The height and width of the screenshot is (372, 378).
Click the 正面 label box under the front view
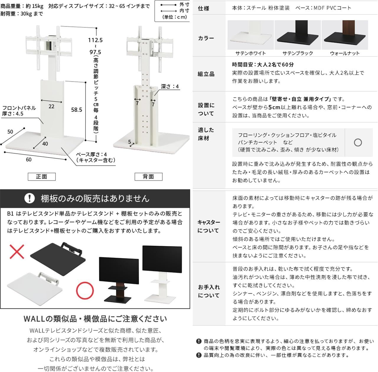click(42, 177)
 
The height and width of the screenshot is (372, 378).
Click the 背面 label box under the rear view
click(148, 177)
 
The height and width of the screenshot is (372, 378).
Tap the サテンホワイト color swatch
click(250, 35)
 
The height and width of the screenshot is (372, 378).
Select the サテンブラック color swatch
click(297, 35)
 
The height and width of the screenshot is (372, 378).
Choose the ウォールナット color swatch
click(345, 35)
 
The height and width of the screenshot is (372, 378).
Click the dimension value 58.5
click(76, 110)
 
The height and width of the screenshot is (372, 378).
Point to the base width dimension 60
click(29, 160)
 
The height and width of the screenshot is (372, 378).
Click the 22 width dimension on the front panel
click(51, 106)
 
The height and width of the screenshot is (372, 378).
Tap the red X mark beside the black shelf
click(17, 251)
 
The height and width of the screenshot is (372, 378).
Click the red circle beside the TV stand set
click(85, 290)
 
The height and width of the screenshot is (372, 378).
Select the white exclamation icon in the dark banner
click(29, 198)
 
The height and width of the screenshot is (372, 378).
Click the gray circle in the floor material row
click(358, 143)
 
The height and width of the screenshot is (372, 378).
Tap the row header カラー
click(206, 38)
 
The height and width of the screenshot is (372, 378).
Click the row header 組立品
click(206, 74)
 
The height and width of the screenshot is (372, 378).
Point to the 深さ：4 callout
click(170, 87)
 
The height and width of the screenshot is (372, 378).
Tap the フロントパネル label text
click(19, 108)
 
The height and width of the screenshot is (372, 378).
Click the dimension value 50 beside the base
click(10, 132)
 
